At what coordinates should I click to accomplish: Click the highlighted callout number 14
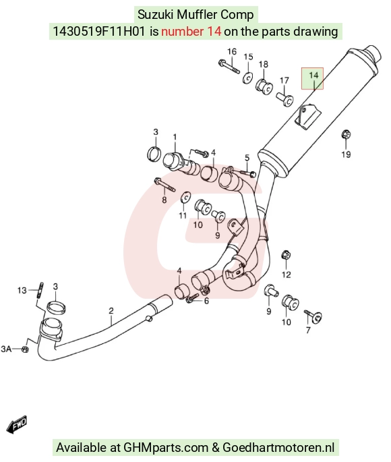click(313, 76)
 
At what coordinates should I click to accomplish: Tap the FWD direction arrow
click(18, 425)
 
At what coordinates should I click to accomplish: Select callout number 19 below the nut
click(346, 154)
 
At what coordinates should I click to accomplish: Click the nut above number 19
click(346, 135)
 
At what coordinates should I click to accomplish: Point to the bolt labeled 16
click(229, 66)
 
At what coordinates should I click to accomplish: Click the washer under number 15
click(248, 78)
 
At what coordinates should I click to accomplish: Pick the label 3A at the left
click(6, 349)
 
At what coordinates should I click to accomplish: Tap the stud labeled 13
click(40, 290)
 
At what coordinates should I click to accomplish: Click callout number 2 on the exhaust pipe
click(111, 310)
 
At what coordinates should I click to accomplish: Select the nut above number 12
click(287, 255)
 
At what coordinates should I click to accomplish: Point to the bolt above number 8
click(164, 184)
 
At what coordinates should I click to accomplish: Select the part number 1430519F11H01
click(99, 31)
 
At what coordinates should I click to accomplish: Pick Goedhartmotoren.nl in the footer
click(278, 447)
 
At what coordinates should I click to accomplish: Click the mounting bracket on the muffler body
click(307, 117)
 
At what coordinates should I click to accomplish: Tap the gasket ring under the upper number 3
click(154, 154)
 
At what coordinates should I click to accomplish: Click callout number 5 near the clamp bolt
click(247, 158)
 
